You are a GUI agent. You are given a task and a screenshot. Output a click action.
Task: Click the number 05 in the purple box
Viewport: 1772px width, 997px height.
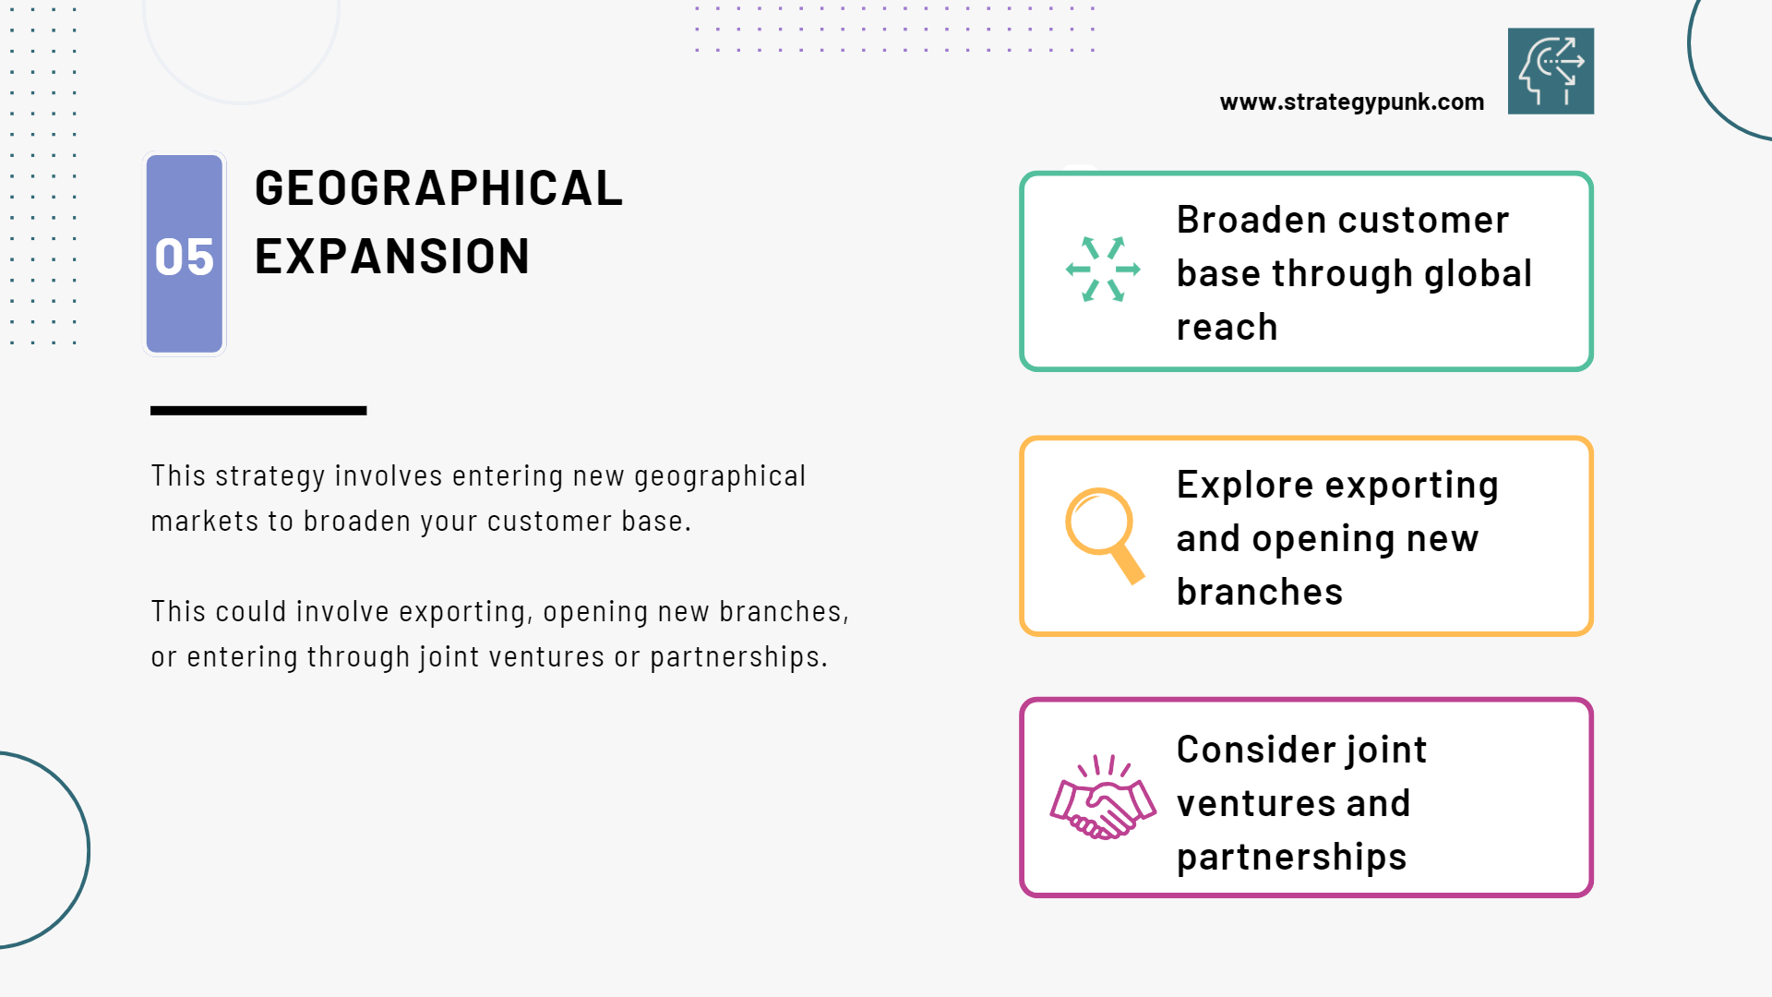(x=184, y=257)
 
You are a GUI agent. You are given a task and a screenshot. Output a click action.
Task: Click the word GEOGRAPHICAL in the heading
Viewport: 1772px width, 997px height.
(x=438, y=188)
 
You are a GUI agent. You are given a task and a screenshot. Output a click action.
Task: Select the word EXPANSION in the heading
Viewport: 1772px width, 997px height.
(x=392, y=257)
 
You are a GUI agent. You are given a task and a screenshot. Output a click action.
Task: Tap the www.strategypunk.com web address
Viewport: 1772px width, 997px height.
(x=1352, y=102)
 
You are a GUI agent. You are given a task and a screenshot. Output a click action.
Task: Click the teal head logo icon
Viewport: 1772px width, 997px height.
(x=1550, y=71)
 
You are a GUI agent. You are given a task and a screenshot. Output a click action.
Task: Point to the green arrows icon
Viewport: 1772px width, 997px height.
(x=1103, y=270)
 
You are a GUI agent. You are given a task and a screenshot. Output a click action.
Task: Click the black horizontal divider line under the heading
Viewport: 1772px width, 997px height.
(x=258, y=411)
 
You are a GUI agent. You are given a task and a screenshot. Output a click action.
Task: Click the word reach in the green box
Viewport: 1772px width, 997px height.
(x=1227, y=328)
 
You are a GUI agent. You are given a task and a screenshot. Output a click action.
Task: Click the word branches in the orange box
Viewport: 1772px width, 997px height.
(x=1260, y=592)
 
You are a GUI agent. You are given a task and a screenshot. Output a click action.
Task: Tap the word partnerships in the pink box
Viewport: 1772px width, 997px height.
(x=1291, y=858)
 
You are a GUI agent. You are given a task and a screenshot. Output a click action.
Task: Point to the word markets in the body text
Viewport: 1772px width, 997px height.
(x=205, y=522)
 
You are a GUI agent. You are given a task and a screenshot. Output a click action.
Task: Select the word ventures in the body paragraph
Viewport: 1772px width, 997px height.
(x=547, y=657)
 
